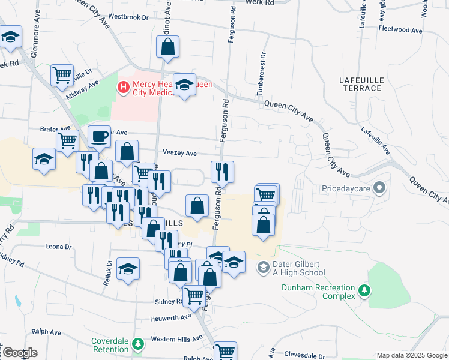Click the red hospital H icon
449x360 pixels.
pyautogui.click(x=124, y=88)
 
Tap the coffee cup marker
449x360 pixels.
pyautogui.click(x=99, y=137)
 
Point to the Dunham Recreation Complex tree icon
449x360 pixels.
pyautogui.click(x=364, y=291)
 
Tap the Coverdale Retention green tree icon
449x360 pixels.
pyautogui.click(x=138, y=344)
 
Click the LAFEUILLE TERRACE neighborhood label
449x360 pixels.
pyautogui.click(x=360, y=84)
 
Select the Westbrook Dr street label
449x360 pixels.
pyautogui.click(x=128, y=17)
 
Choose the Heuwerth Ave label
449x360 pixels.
pyautogui.click(x=170, y=317)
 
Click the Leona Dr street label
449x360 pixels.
pyautogui.click(x=59, y=247)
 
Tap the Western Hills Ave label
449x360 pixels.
pyautogui.click(x=177, y=340)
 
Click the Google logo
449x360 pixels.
pyautogui.click(x=19, y=353)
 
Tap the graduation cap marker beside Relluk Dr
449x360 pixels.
pyautogui.click(x=128, y=269)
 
